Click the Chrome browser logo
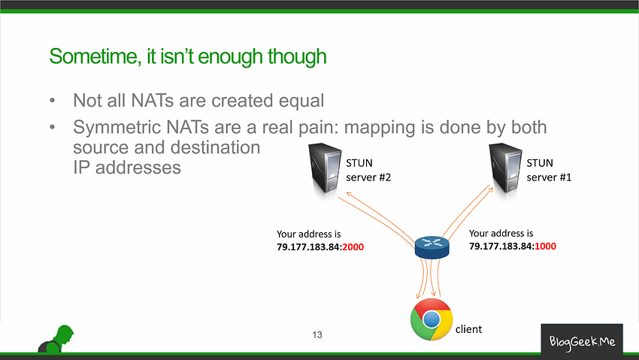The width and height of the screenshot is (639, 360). pyautogui.click(x=432, y=319)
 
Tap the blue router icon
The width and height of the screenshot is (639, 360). pyautogui.click(x=432, y=247)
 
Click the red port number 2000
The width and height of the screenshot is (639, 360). pyautogui.click(x=353, y=247)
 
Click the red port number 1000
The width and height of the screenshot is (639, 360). pyautogui.click(x=545, y=247)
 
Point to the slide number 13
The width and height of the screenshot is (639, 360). pyautogui.click(x=317, y=334)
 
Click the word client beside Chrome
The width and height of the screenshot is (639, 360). pyautogui.click(x=468, y=329)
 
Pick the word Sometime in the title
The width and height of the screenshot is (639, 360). pyautogui.click(x=95, y=56)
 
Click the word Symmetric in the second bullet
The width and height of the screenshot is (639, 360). pyautogui.click(x=117, y=128)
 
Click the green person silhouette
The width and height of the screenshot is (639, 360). pyautogui.click(x=56, y=339)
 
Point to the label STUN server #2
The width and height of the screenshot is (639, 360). pyautogui.click(x=368, y=170)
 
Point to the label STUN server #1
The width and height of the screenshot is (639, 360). pyautogui.click(x=549, y=170)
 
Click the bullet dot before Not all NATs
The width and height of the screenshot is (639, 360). pyautogui.click(x=52, y=101)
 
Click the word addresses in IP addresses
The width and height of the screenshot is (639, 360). pyautogui.click(x=138, y=168)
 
